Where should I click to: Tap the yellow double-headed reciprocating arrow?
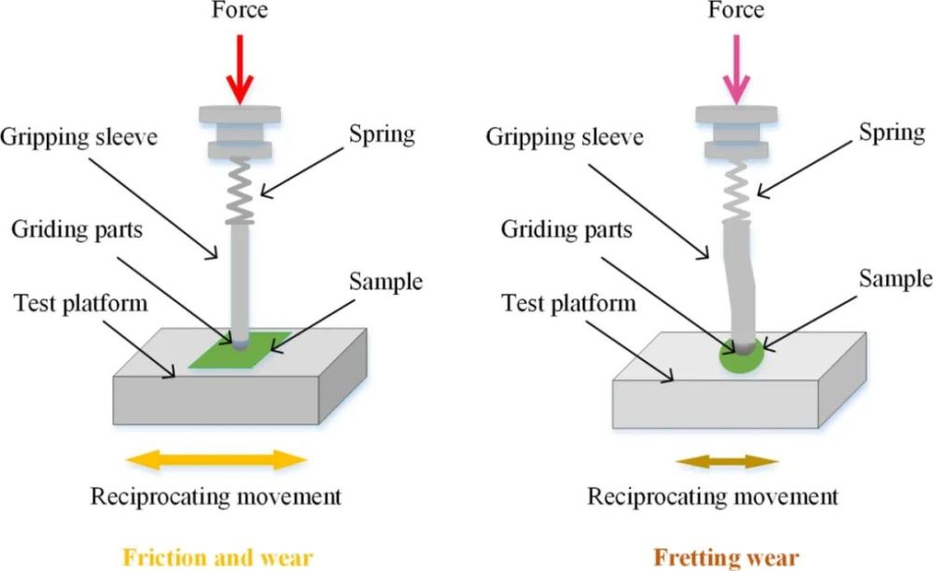[216, 459]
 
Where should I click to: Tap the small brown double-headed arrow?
[729, 461]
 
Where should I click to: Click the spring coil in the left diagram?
[241, 192]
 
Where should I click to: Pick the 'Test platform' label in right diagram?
[568, 302]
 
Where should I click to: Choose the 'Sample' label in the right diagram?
[895, 278]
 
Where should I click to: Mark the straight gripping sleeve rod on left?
[241, 280]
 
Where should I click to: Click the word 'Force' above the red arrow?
[240, 10]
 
